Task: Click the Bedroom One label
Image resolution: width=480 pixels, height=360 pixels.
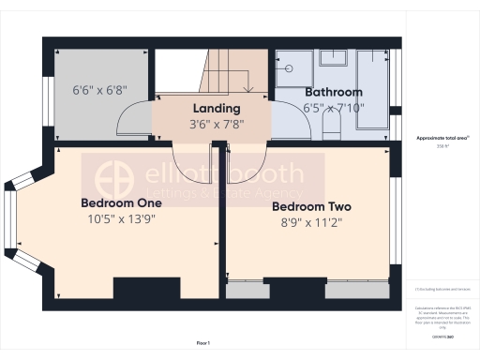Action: click(122, 202)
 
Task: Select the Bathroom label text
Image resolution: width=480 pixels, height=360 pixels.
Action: click(333, 92)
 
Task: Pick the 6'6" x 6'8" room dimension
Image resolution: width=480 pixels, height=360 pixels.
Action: click(99, 92)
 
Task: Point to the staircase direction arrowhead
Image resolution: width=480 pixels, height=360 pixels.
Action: click(247, 90)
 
